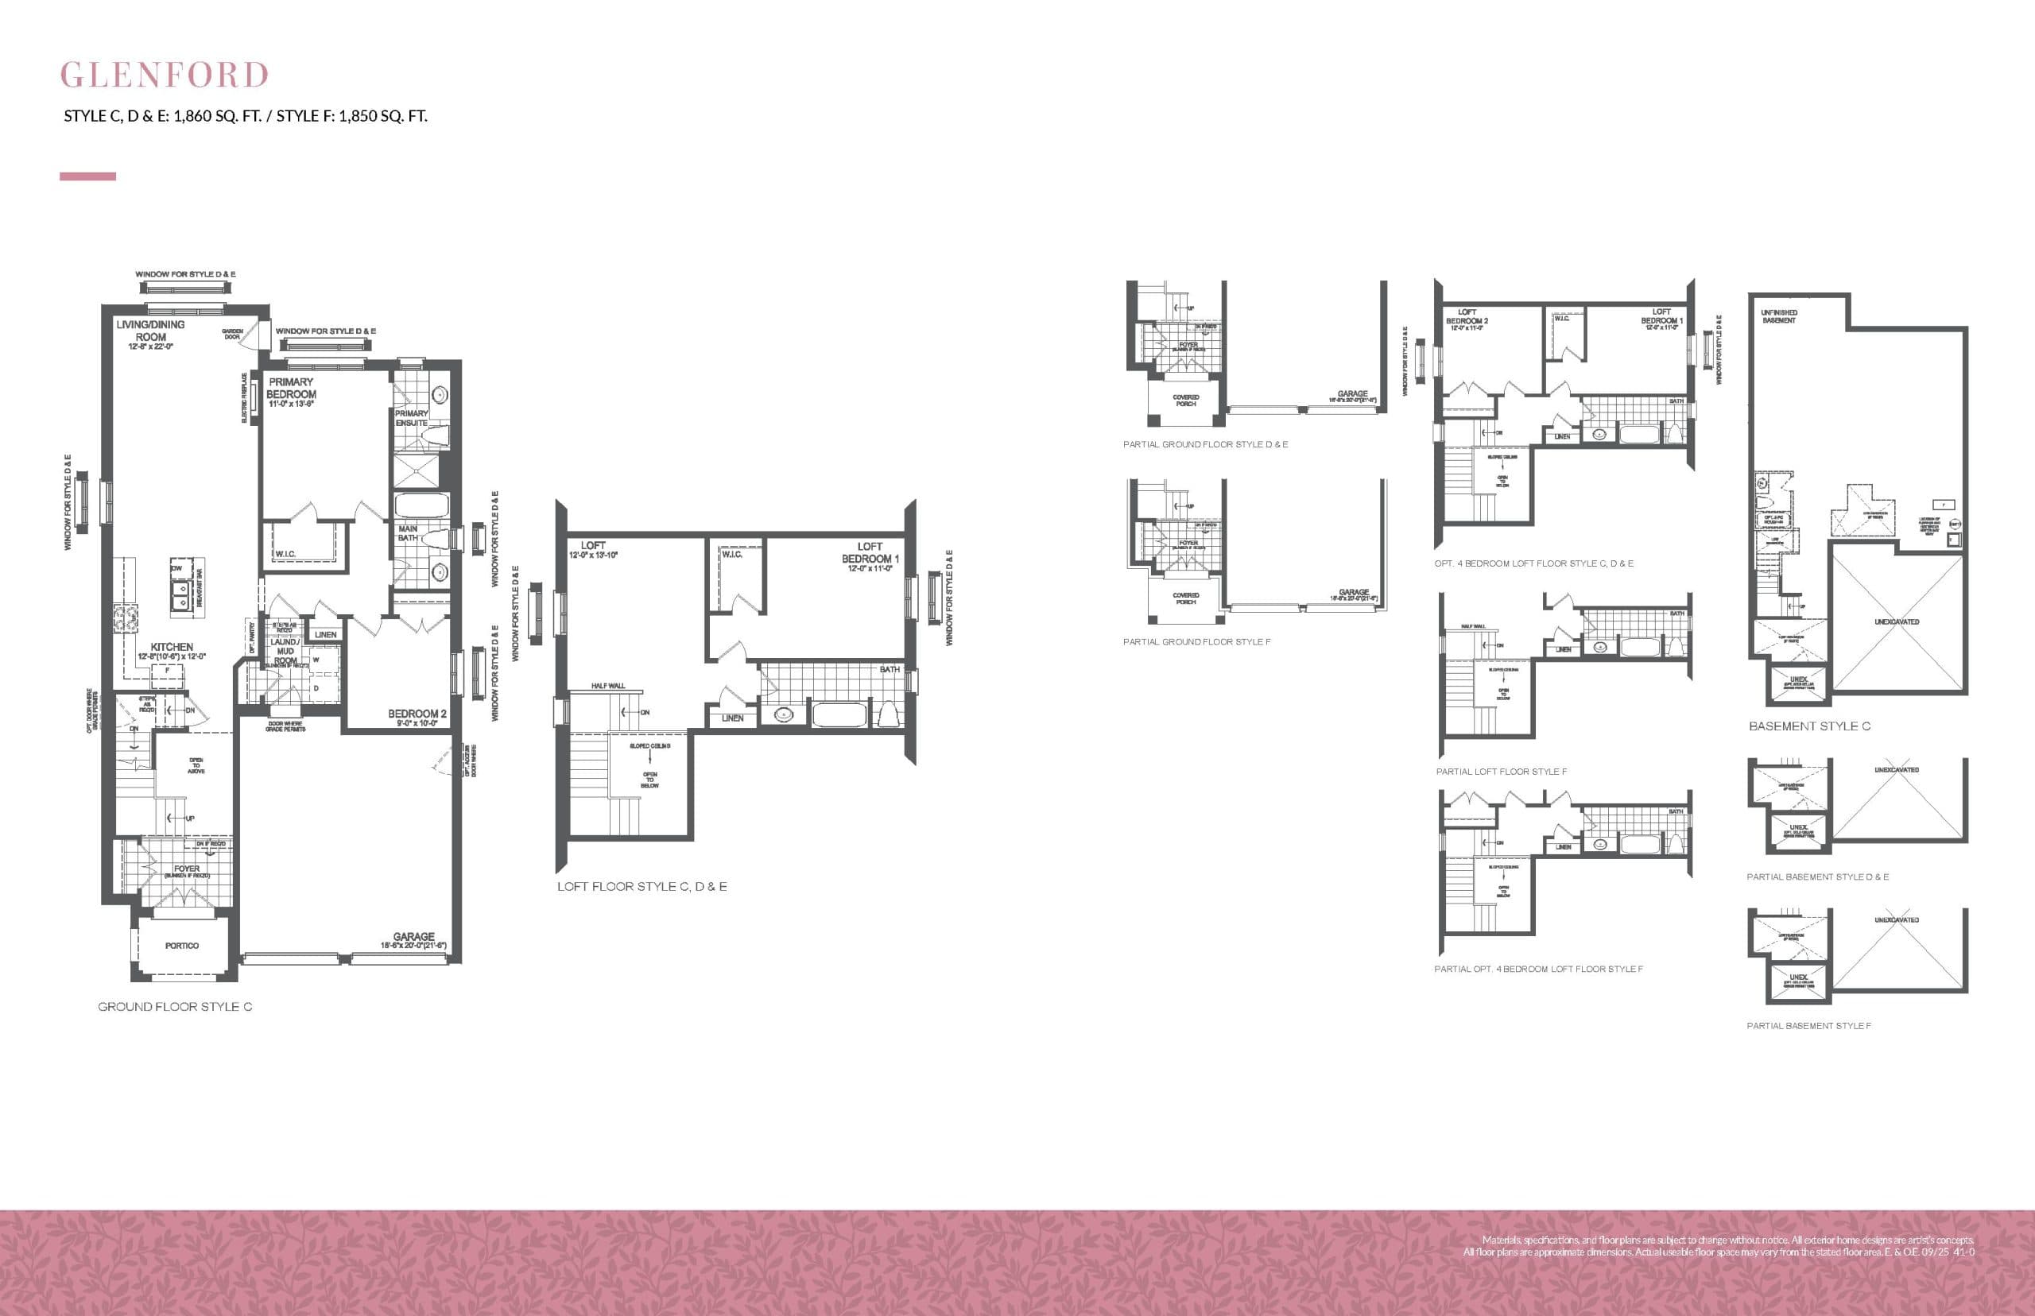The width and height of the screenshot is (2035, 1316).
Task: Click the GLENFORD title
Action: pos(164,75)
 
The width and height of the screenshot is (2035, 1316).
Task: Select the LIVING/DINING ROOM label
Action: pos(150,331)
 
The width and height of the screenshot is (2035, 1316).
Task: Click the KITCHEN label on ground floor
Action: pos(172,648)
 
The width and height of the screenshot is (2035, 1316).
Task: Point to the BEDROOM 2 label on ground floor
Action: pos(417,714)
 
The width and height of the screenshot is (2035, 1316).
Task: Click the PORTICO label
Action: pos(182,946)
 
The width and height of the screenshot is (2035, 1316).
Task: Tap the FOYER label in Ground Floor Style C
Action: pos(186,869)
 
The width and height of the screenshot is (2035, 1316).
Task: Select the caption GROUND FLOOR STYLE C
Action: pos(174,1007)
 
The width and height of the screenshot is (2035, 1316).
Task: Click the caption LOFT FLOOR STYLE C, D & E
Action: pos(642,887)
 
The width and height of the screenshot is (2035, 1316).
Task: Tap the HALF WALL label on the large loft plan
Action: pos(607,686)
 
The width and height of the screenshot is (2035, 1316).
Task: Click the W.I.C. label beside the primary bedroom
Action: pos(285,555)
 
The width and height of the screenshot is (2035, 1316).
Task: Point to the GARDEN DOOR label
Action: pos(232,334)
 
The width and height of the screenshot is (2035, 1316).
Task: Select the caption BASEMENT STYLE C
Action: pos(1809,726)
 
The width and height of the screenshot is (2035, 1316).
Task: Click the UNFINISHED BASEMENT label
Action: pos(1778,316)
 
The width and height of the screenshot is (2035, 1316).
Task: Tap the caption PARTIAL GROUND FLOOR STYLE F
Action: pos(1196,642)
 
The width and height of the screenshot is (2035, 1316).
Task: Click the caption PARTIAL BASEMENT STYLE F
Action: pos(1808,1025)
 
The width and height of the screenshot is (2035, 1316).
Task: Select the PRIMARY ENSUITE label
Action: pos(411,418)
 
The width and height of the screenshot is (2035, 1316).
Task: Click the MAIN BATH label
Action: pos(408,533)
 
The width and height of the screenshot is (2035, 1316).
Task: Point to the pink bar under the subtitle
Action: pos(87,176)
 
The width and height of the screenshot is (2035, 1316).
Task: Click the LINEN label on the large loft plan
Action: pos(732,718)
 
